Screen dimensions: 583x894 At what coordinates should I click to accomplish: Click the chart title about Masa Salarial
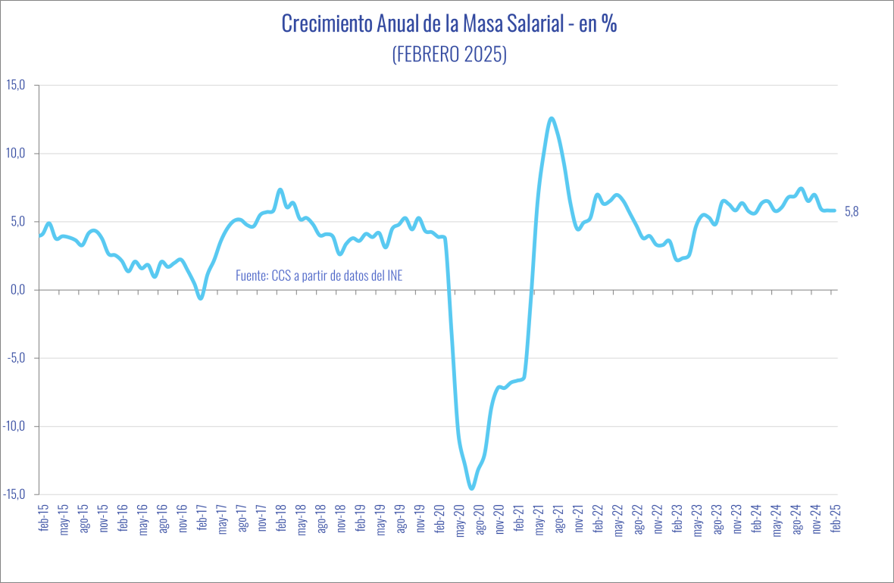[x=449, y=24]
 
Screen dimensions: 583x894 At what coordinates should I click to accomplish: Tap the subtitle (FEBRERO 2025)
[x=449, y=55]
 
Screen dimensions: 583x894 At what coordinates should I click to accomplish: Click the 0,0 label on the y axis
[x=17, y=289]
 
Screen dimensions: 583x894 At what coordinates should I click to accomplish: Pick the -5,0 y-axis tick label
[x=16, y=357]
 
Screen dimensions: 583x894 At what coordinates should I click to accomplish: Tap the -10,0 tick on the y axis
[x=14, y=426]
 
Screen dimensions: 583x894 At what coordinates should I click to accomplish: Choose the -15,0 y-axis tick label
[x=14, y=494]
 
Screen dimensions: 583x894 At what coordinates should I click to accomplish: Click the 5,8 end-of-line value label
[x=852, y=211]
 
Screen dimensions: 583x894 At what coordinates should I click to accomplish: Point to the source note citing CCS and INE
[x=319, y=276]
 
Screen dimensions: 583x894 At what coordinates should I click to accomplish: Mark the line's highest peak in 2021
[x=552, y=118]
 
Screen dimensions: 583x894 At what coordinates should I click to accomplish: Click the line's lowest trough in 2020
[x=471, y=488]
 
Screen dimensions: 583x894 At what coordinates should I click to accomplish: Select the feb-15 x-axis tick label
[x=43, y=520]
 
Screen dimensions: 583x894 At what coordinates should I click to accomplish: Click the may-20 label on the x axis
[x=459, y=520]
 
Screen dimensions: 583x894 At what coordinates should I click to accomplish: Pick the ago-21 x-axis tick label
[x=559, y=520]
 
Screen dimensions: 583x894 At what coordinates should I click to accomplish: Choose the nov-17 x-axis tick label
[x=261, y=520]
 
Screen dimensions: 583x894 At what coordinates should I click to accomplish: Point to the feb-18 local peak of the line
[x=280, y=189]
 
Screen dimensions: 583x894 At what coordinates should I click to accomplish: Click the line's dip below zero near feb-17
[x=201, y=298]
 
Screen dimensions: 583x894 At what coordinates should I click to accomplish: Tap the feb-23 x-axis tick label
[x=677, y=520]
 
